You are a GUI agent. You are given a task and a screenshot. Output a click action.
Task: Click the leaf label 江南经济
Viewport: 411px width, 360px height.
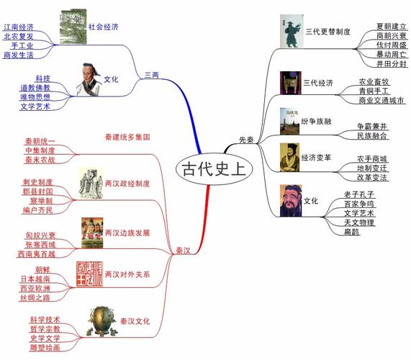tap(19, 26)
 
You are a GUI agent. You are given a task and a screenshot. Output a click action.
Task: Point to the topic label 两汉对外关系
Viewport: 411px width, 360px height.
tap(127, 274)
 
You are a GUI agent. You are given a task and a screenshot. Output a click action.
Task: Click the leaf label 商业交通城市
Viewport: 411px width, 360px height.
tap(381, 100)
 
